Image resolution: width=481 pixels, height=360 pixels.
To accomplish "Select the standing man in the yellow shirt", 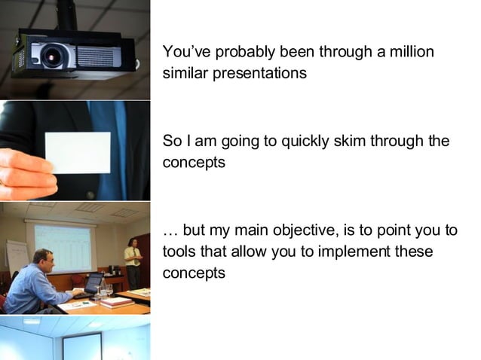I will [x=133, y=263].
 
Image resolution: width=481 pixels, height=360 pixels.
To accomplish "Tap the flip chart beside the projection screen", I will [x=17, y=256].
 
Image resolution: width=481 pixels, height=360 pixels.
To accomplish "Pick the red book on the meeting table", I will [x=117, y=301].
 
